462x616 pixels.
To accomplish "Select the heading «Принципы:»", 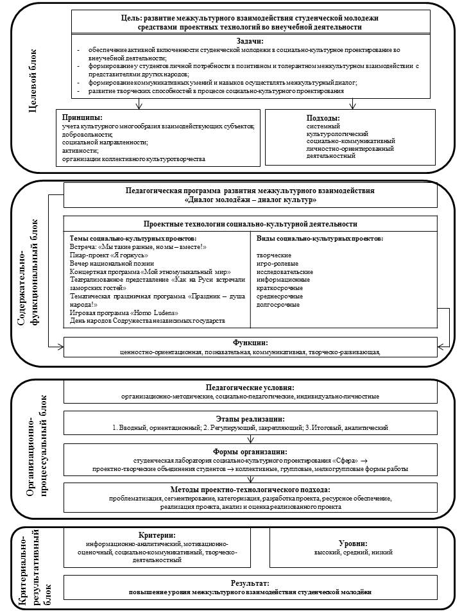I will (x=83, y=117).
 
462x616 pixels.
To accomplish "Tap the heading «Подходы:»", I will (x=323, y=117).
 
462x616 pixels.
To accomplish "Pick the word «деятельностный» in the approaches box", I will (x=314, y=155).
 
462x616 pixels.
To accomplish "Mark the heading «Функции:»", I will (x=250, y=343).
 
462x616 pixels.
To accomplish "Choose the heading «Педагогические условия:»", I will (x=250, y=388).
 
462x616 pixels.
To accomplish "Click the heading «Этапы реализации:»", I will (x=250, y=418).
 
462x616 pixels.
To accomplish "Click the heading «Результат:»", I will (x=250, y=583).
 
